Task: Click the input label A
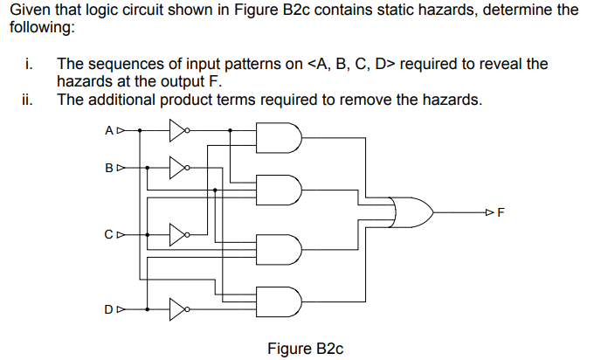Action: click(x=108, y=132)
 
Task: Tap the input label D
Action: click(x=108, y=308)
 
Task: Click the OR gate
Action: click(x=412, y=211)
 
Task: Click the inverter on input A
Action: click(x=177, y=132)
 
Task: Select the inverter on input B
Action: click(x=177, y=167)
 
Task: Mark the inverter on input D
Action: click(x=177, y=308)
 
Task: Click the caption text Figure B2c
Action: click(x=305, y=349)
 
